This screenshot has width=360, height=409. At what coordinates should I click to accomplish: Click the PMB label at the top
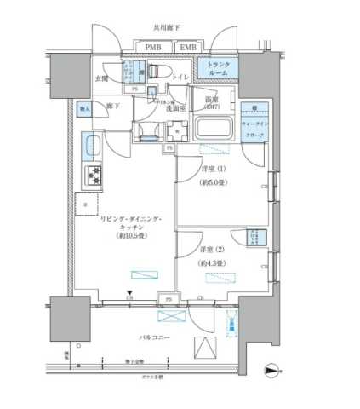point(154,47)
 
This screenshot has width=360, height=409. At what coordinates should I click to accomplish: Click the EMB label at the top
point(189,47)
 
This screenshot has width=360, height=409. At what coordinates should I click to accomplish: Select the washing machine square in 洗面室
point(175,130)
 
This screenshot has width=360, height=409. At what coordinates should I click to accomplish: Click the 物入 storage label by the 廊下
point(85,108)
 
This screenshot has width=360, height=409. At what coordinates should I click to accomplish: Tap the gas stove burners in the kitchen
point(91,176)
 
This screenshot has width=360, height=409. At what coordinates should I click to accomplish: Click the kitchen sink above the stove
point(91,149)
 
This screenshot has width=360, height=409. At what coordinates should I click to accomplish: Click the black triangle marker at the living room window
point(129,293)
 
